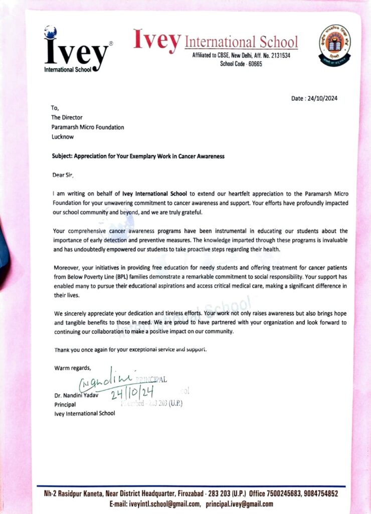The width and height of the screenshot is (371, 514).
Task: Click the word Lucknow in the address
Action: point(63,137)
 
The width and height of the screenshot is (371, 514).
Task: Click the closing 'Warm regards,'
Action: point(73,368)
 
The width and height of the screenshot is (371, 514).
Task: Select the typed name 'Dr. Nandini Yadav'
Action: point(76,395)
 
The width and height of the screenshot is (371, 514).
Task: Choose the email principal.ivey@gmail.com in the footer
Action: point(240,504)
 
